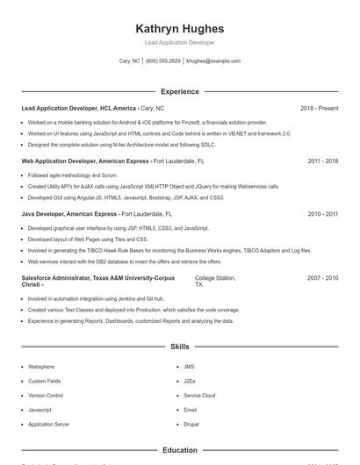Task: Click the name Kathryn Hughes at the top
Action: [179, 28]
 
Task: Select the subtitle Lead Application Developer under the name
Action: [179, 42]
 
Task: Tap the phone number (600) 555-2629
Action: [163, 61]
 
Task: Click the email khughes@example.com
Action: [213, 61]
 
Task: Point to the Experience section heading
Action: [179, 91]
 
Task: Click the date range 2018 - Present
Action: [319, 108]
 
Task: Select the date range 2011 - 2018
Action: [322, 161]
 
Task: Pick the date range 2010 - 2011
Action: [322, 213]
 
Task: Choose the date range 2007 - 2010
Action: [322, 278]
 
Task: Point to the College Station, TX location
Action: [214, 282]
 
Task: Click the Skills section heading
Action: [179, 347]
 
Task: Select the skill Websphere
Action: [40, 367]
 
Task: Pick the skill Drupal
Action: [191, 424]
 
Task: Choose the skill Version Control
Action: [47, 395]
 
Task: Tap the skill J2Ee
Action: [190, 381]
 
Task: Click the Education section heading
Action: [179, 450]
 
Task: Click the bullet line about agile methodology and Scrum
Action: [67, 175]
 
